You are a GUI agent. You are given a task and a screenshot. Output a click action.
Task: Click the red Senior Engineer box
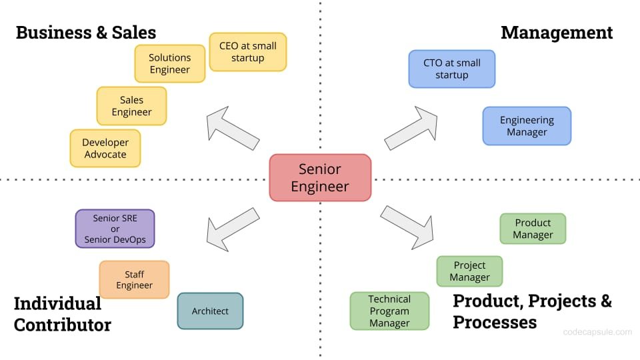tap(320, 177)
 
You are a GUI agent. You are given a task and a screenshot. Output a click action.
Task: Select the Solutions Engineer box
tap(169, 64)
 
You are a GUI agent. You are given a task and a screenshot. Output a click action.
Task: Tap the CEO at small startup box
tap(247, 52)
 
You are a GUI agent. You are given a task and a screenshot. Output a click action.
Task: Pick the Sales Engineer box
tap(131, 106)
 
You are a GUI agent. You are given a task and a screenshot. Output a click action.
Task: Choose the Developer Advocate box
tap(105, 148)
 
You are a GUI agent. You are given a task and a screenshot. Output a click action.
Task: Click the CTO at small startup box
tap(451, 69)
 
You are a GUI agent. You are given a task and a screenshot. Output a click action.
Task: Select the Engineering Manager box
tap(527, 126)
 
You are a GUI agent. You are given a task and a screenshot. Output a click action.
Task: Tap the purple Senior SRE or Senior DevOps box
tap(115, 229)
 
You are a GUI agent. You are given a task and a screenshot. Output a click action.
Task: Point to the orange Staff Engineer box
tap(134, 279)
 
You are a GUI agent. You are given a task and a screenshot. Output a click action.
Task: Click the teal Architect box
tap(210, 311)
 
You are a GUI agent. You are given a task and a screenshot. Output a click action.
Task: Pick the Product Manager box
tap(533, 229)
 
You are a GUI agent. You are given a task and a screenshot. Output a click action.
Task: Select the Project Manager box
tap(469, 271)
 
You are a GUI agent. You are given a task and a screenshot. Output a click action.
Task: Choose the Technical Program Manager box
tap(389, 311)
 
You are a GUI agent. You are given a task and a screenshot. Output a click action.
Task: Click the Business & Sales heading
tap(85, 32)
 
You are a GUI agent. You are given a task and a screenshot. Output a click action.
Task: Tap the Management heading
tap(556, 32)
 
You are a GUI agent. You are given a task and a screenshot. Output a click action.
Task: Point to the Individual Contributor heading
tap(62, 314)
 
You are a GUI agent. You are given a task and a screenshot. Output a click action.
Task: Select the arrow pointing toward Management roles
tap(411, 127)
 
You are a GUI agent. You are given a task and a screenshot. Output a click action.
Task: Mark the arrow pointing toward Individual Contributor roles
tap(232, 226)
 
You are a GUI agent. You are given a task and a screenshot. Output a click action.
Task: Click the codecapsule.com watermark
tap(597, 331)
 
